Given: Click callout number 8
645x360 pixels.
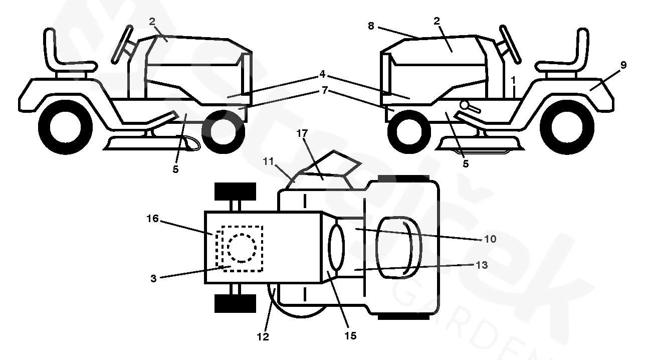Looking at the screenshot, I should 371,26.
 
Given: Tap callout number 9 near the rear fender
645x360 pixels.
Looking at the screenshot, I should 623,65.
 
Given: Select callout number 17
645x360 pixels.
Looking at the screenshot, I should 302,134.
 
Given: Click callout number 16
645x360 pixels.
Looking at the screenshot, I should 152,219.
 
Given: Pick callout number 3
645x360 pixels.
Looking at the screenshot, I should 153,278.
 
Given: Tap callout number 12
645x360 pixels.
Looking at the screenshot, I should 263,337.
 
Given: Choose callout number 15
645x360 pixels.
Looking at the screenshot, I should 351,335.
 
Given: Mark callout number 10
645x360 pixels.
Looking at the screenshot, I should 490,239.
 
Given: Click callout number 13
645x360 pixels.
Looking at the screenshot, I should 481,265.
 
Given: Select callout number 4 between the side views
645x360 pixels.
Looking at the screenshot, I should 322,74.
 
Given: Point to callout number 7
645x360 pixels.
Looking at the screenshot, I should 325,90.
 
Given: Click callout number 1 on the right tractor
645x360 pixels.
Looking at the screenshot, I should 513,80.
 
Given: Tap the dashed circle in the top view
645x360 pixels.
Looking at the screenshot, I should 242,247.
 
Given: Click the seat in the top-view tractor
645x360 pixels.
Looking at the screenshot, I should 398,247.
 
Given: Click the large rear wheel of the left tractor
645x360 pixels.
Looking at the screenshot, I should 65,127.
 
